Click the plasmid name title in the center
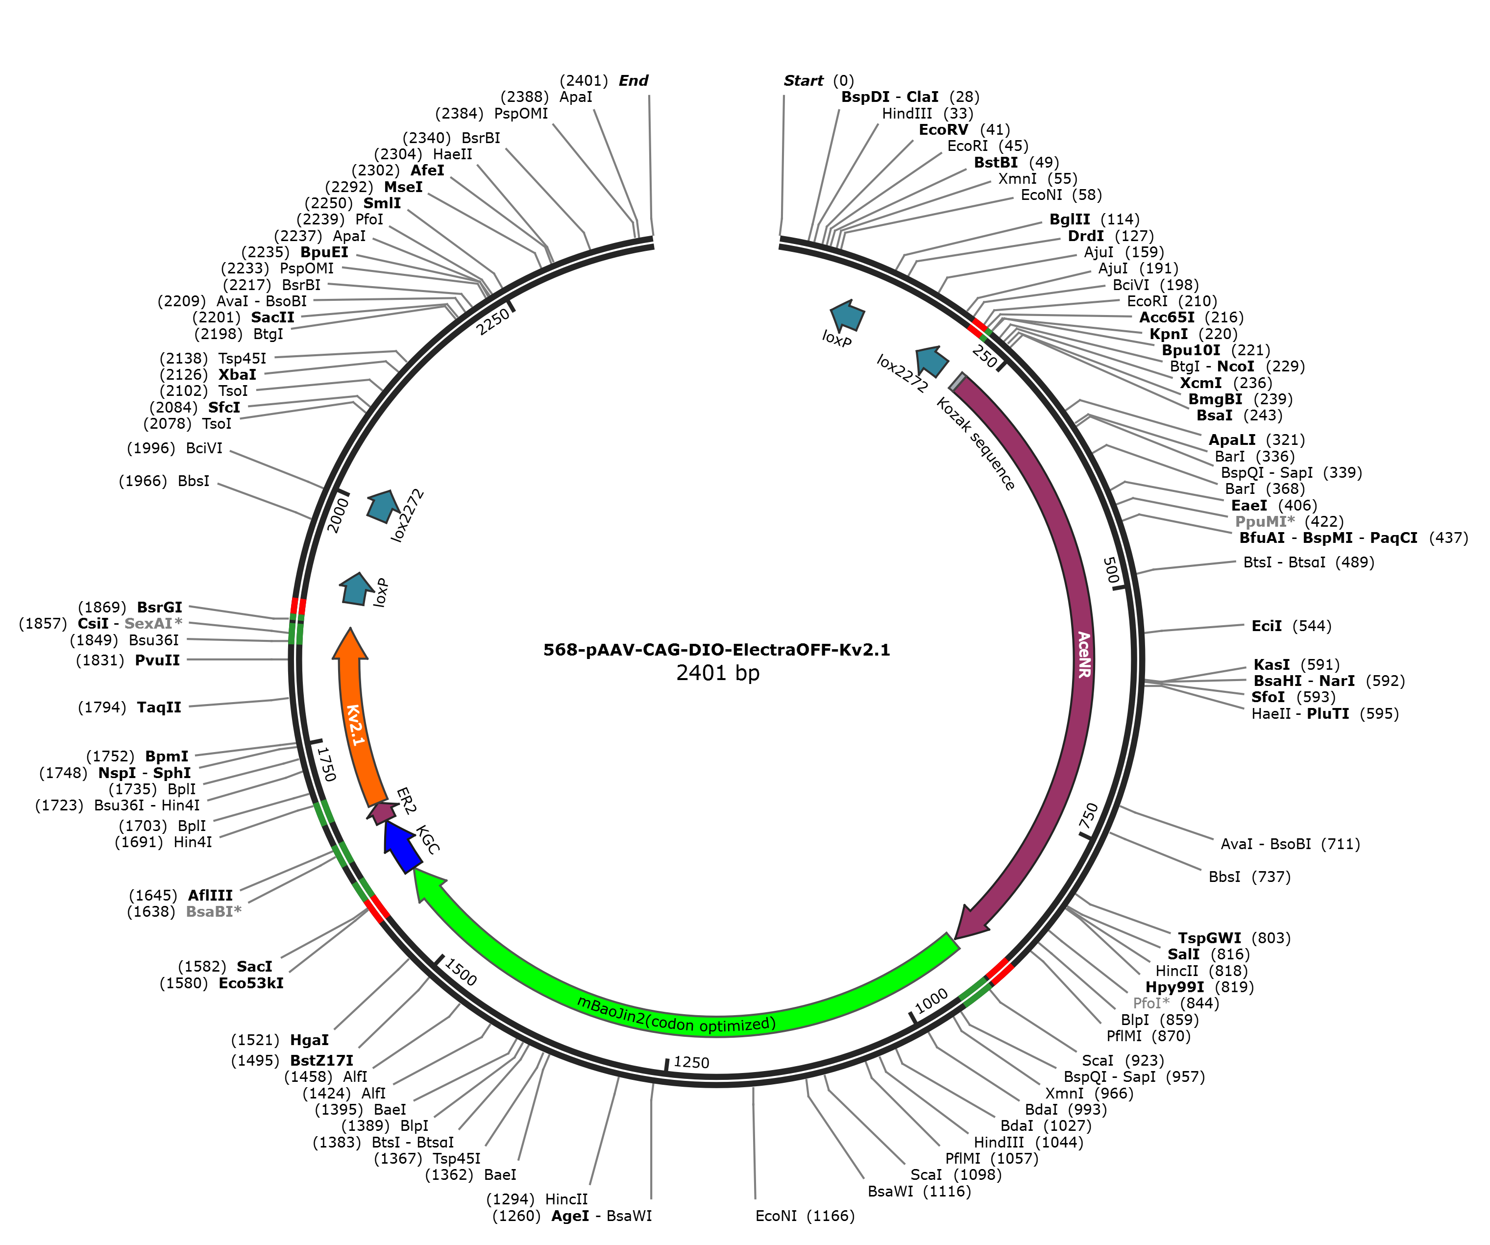tap(717, 650)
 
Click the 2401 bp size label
tap(717, 673)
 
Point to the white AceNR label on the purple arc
tap(1083, 654)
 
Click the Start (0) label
tap(819, 81)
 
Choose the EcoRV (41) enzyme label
tap(964, 130)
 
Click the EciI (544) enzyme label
tap(1292, 626)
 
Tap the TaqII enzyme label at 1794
tap(129, 708)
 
